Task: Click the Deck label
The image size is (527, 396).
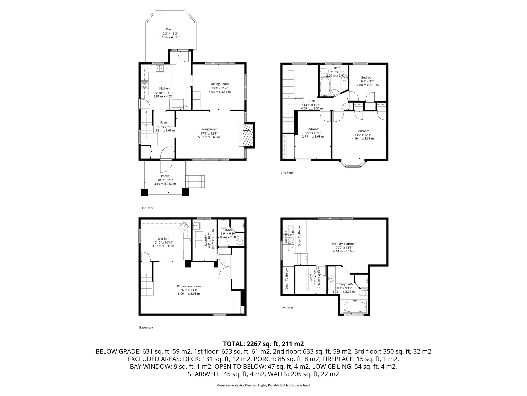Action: coord(169,29)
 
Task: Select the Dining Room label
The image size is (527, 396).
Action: coord(219,84)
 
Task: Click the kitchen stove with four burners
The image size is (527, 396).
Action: coord(145,85)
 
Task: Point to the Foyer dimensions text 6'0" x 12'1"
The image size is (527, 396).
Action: coord(164,127)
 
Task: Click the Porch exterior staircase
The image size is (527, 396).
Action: coord(196,182)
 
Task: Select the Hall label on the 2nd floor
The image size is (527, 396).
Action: coord(312,101)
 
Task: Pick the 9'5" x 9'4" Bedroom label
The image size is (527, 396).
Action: coord(367,77)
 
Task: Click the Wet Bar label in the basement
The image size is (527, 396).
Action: coord(163,239)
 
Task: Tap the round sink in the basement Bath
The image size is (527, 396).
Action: coord(240,242)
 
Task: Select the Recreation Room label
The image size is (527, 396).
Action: coord(189,286)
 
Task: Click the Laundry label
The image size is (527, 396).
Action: coord(206,241)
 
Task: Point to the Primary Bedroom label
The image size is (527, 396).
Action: coord(344,244)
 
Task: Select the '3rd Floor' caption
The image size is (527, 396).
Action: coord(287,308)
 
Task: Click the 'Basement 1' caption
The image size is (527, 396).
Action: coord(147,328)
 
